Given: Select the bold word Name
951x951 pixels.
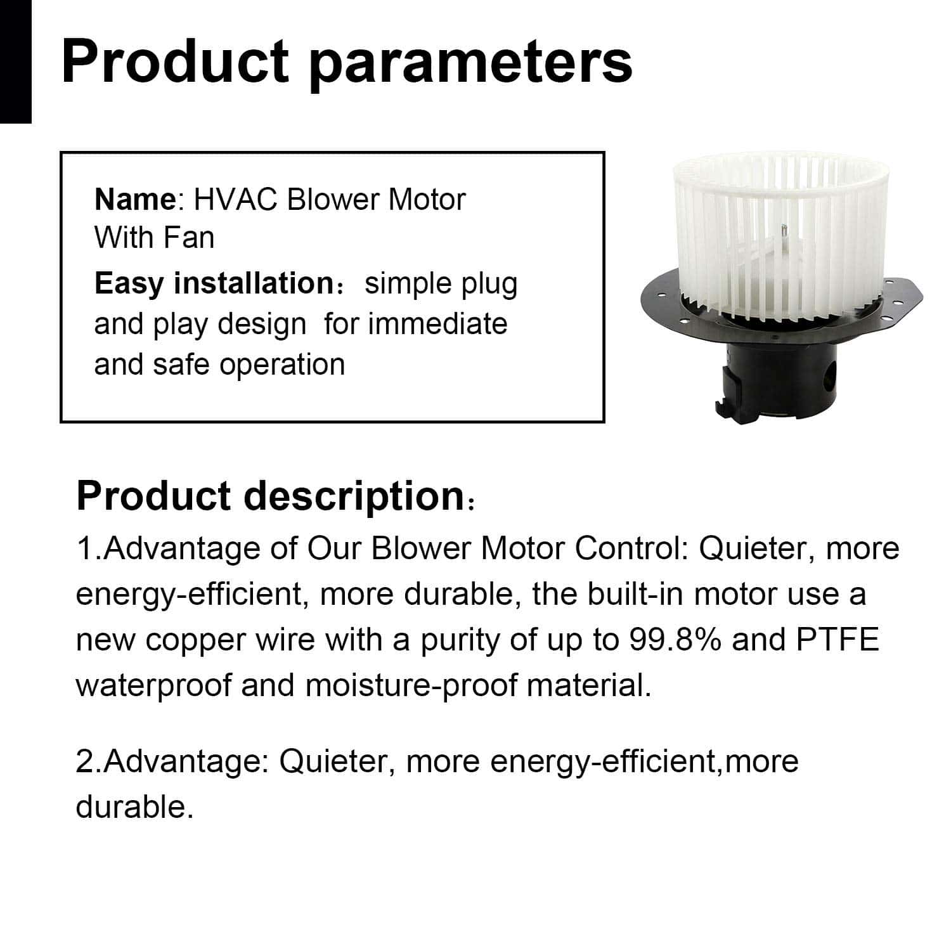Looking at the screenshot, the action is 135,200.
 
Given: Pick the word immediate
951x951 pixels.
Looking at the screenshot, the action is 437,324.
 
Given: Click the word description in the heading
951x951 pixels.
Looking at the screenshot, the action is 354,498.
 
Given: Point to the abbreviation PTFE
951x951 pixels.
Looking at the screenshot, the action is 838,640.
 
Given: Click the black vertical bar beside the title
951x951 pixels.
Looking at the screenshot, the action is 15,61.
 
